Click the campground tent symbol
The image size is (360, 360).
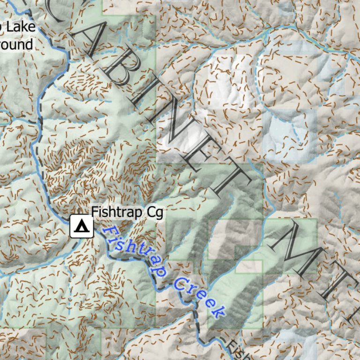(x=82, y=226)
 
